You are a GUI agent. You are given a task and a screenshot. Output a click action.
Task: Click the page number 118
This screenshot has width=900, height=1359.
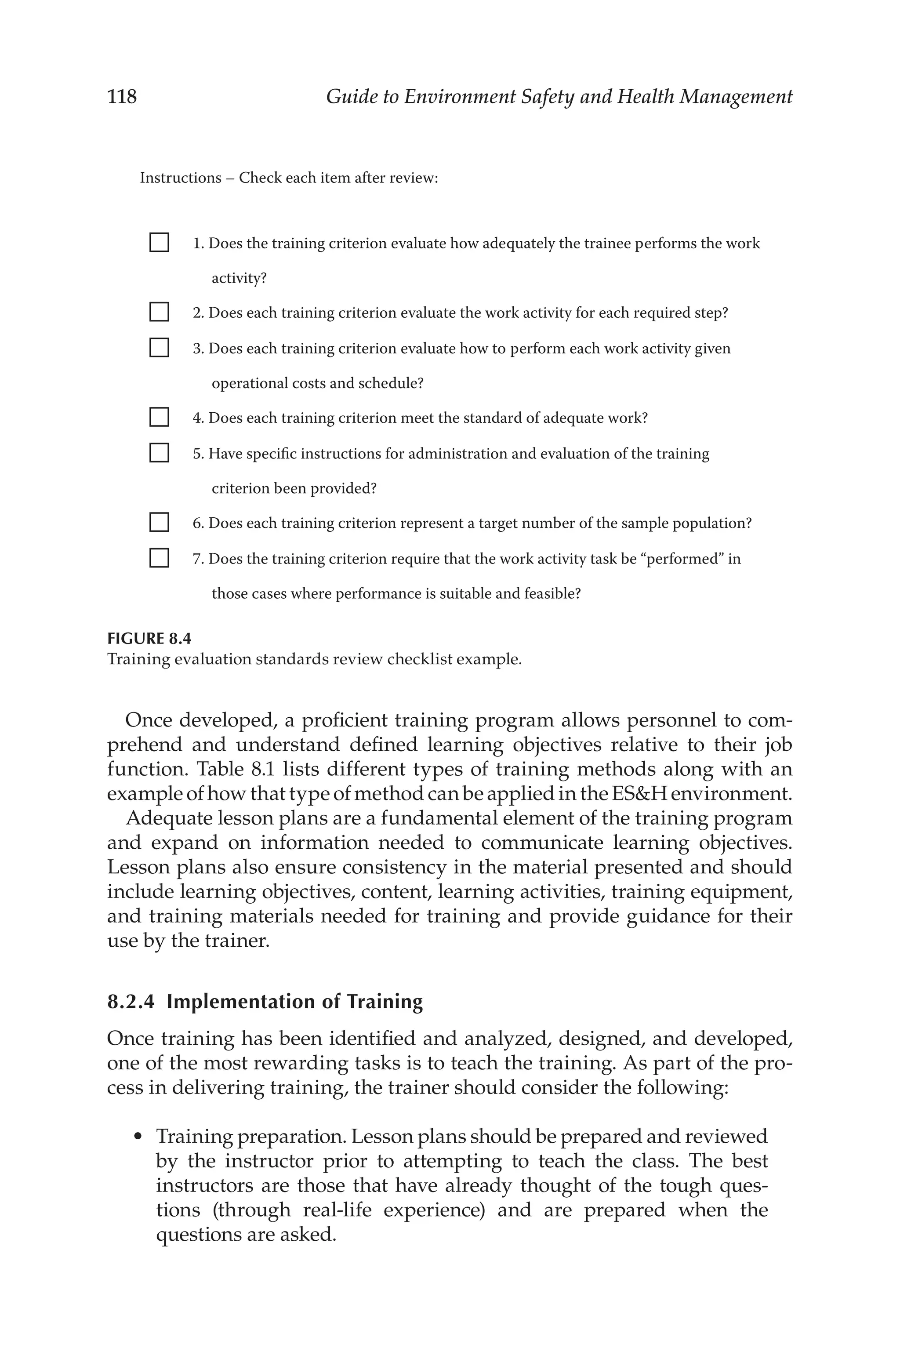click(x=122, y=96)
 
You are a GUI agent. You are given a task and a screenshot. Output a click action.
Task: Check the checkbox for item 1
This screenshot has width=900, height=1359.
click(x=159, y=242)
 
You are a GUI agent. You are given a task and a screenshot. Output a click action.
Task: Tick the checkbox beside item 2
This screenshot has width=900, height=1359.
click(x=159, y=312)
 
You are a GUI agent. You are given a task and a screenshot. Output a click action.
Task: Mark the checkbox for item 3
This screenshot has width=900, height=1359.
click(x=159, y=347)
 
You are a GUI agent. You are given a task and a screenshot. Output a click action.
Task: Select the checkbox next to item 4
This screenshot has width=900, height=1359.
click(x=159, y=417)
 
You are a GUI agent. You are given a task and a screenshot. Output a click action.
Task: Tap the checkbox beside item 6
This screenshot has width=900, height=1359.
click(x=159, y=522)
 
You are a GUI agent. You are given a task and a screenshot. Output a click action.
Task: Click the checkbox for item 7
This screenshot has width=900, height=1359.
click(x=159, y=558)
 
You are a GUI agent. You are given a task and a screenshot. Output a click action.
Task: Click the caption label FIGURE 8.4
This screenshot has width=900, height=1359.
click(x=149, y=639)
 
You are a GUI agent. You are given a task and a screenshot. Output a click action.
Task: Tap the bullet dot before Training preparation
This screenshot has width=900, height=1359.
click(x=137, y=1137)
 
